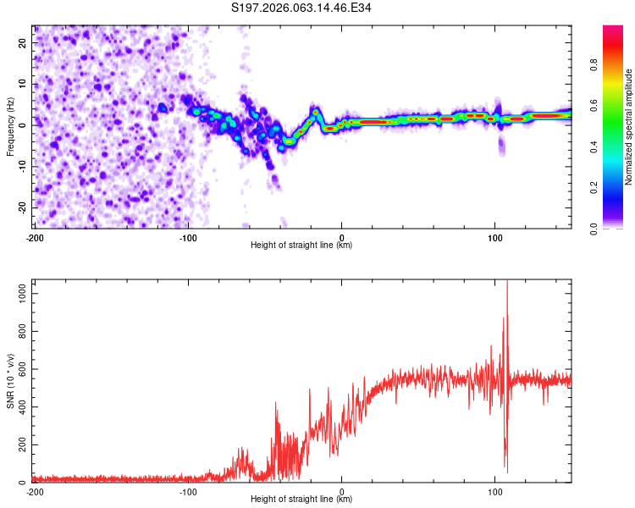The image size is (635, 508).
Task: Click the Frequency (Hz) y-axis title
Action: [10, 126]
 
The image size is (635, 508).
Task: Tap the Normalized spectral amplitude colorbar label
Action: [629, 127]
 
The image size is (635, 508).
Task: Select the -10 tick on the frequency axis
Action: [23, 166]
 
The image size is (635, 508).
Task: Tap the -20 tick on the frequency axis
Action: [23, 207]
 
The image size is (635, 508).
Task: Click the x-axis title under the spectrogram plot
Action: [301, 246]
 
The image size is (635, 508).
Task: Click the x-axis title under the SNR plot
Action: [301, 500]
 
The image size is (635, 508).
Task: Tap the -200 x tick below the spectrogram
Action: [34, 237]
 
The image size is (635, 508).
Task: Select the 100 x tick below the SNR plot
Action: [495, 492]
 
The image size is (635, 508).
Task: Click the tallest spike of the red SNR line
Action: [507, 283]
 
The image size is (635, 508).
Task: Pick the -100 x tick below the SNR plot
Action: [188, 492]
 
